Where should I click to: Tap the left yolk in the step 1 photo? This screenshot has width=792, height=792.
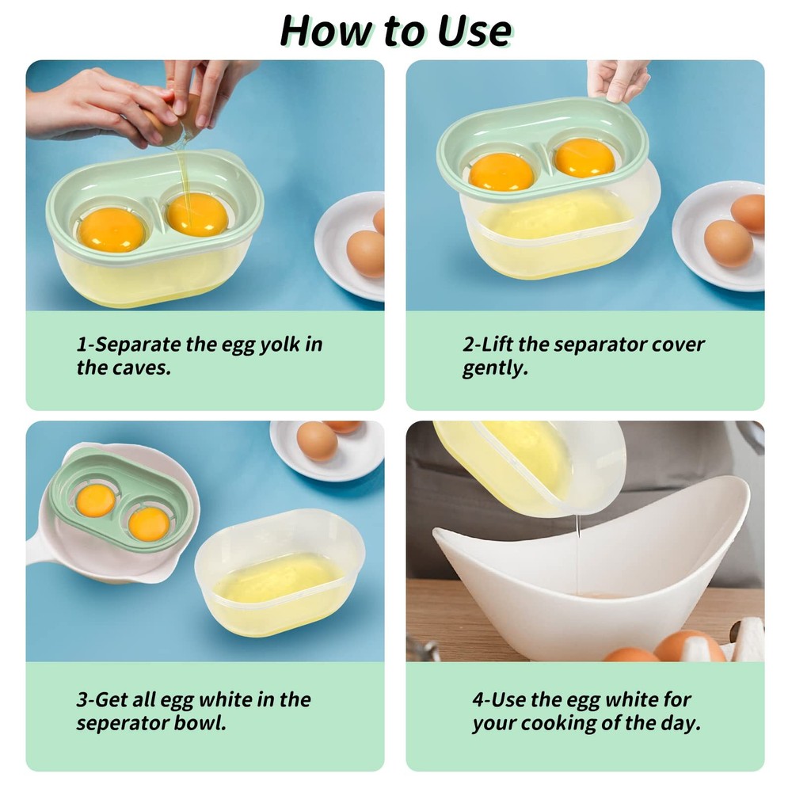[112, 229]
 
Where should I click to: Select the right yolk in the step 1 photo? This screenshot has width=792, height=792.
[197, 214]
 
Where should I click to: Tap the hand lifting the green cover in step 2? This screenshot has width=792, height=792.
[618, 79]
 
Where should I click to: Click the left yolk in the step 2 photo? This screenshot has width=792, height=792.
[501, 171]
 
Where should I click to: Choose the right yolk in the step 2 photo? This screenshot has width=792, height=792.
[584, 158]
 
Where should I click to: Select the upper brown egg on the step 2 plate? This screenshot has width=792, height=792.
[748, 212]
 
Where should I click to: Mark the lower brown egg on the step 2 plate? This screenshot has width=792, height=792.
[728, 243]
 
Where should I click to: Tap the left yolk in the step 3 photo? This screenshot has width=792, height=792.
[95, 500]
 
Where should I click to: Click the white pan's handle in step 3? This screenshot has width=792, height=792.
[40, 546]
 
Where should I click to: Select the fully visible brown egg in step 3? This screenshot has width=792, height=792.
[317, 441]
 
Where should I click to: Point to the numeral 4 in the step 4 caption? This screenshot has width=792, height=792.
[478, 700]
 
